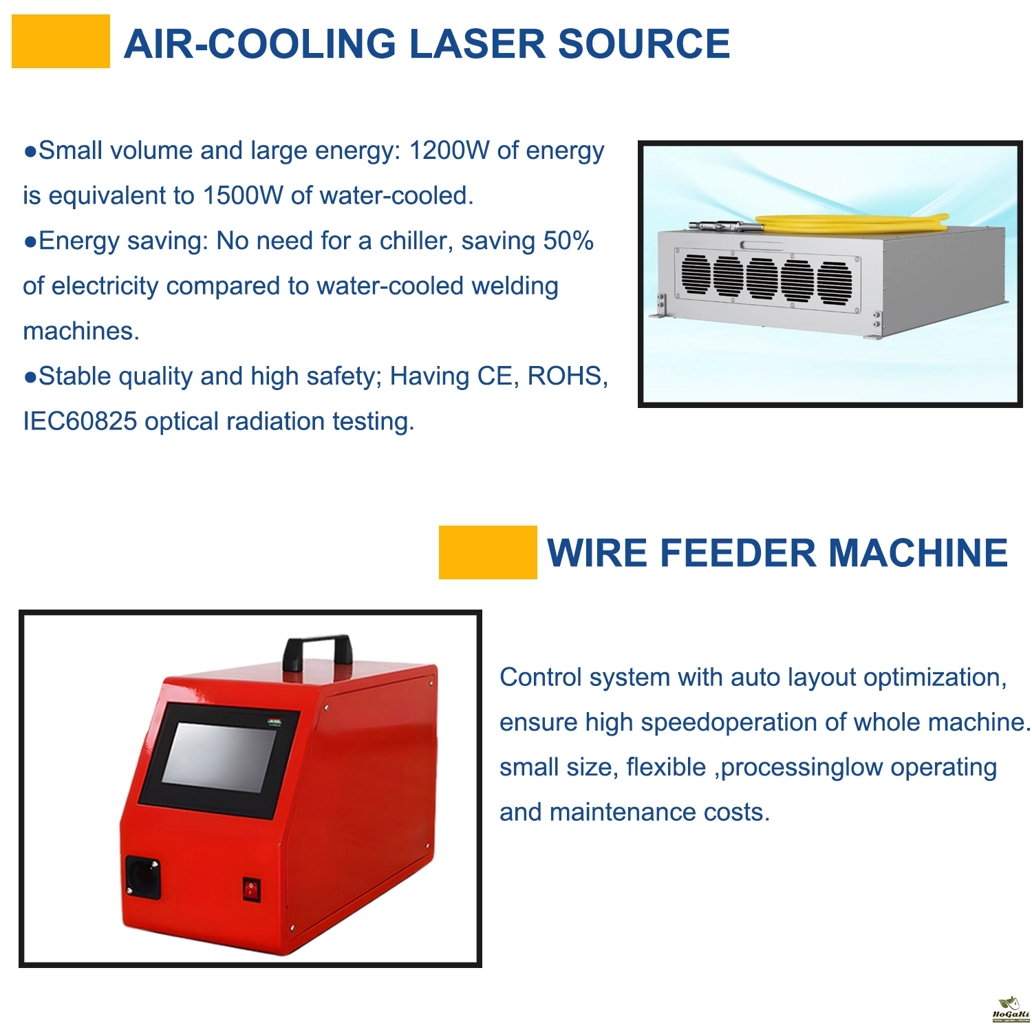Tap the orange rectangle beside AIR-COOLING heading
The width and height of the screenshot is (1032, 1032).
(61, 41)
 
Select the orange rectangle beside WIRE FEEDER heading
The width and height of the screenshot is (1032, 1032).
(488, 552)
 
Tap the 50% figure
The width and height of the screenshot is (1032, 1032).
(568, 241)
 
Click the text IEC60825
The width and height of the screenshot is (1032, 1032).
(80, 422)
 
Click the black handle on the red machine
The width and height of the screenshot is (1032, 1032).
(317, 652)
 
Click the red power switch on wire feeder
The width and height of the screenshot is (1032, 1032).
(251, 890)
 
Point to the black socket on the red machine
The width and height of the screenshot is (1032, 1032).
(143, 877)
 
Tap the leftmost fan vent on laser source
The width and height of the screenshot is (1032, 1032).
(696, 274)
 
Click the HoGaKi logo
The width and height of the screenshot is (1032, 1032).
(1011, 1010)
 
